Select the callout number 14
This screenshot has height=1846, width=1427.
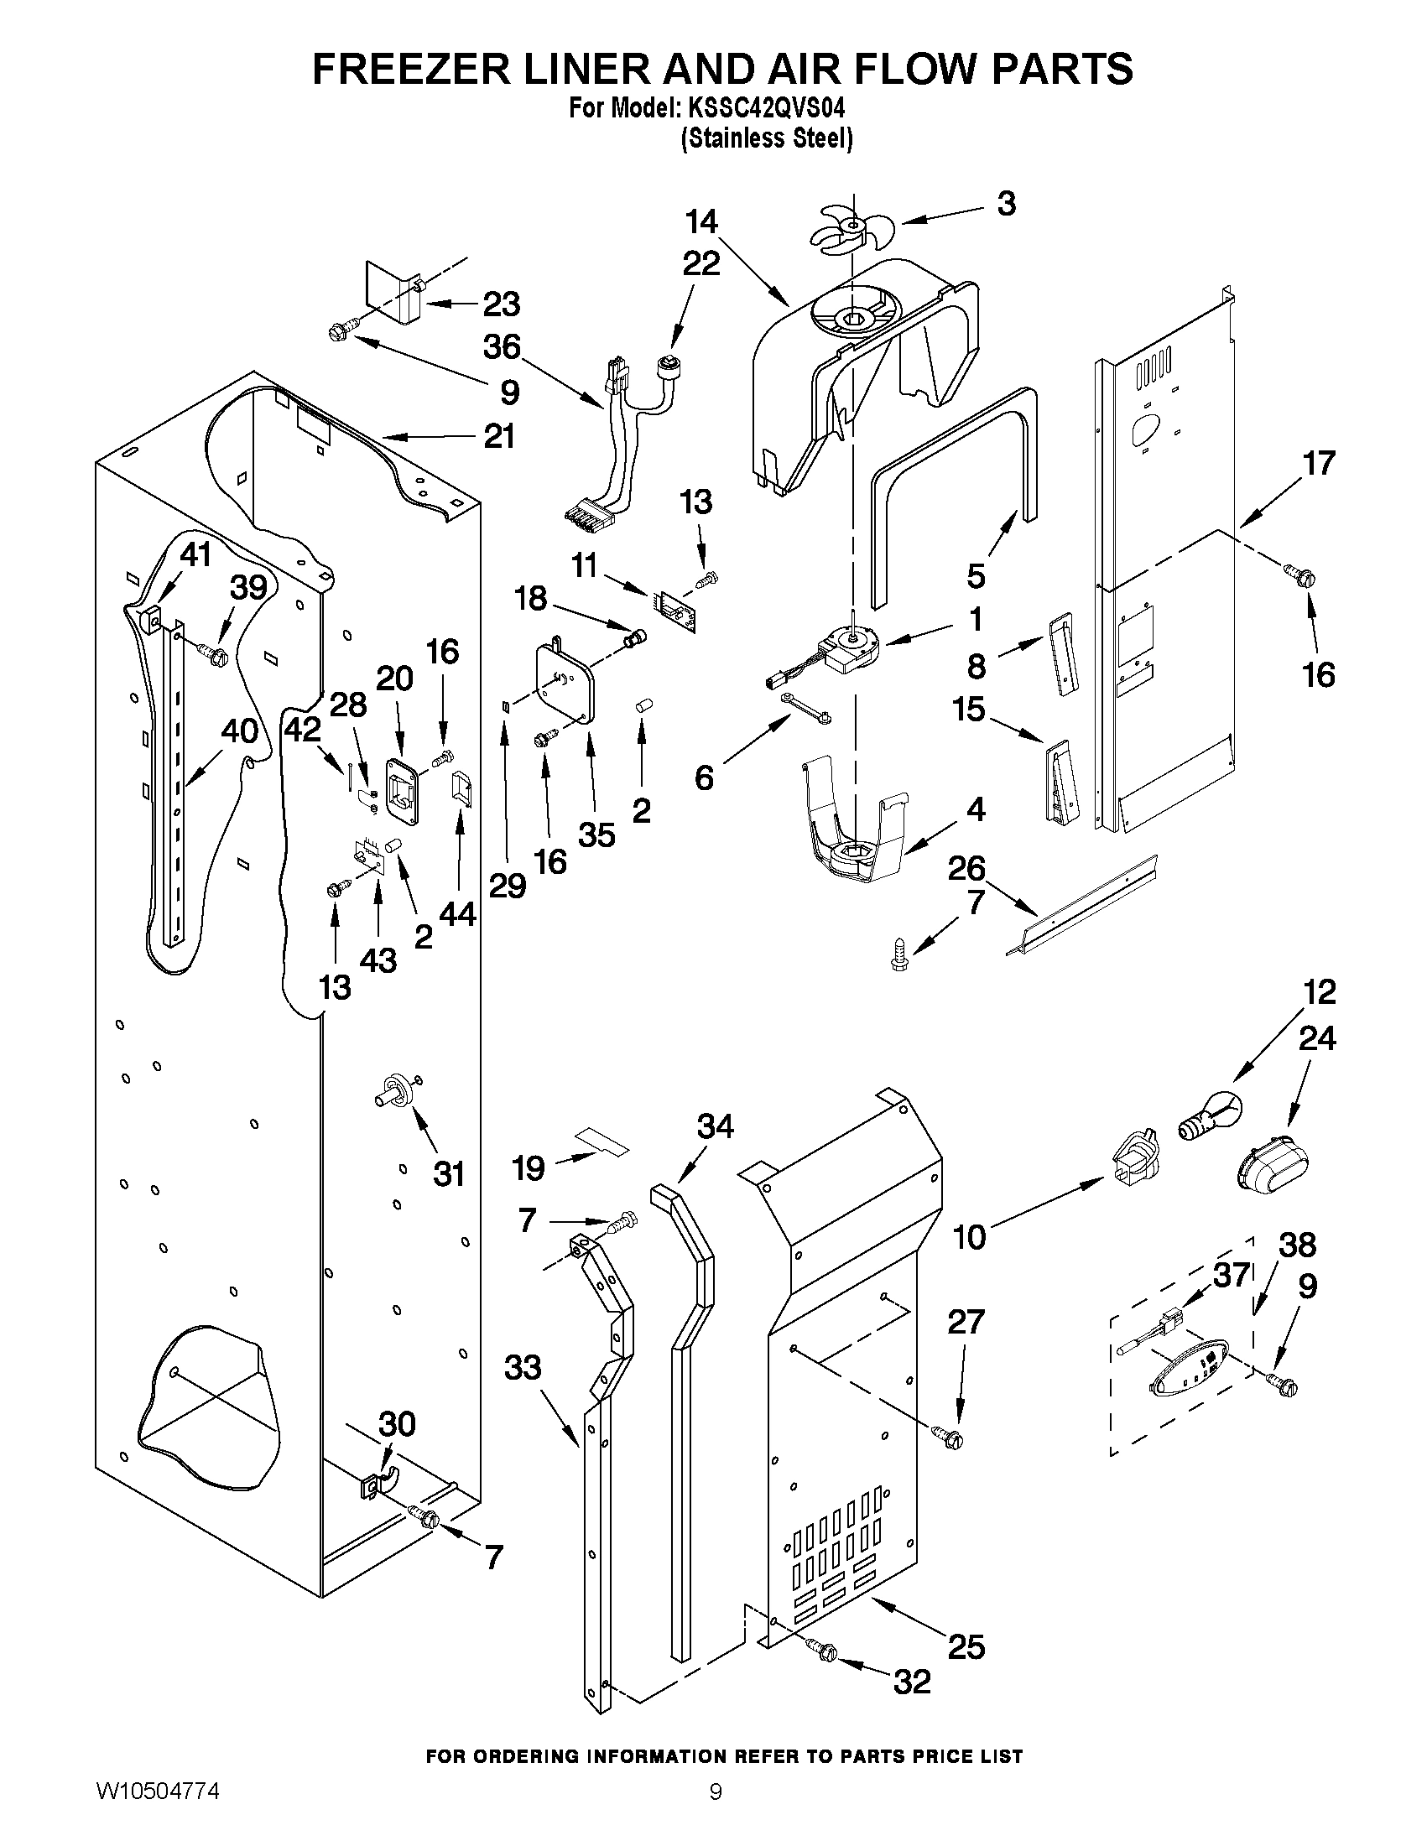pos(701,221)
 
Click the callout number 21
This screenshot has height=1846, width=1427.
pos(499,437)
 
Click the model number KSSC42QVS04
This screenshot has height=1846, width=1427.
pos(765,109)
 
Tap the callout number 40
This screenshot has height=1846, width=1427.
pos(239,731)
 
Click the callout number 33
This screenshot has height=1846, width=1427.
pos(523,1367)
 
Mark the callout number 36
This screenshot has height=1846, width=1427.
pos(503,347)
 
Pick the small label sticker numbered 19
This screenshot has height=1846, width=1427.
pos(602,1141)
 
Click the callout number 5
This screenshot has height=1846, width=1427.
pos(976,576)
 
